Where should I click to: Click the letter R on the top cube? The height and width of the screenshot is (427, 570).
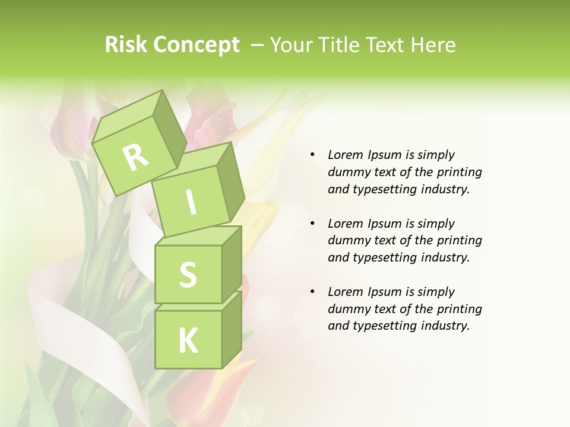[x=135, y=157]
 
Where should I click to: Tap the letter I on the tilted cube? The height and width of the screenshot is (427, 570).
[x=191, y=202]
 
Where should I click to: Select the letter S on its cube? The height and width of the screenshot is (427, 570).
[x=188, y=275]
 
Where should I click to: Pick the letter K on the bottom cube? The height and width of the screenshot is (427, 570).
[x=188, y=340]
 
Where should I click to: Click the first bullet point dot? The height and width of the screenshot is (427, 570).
[x=312, y=155]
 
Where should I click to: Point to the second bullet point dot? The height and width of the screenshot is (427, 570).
[x=312, y=224]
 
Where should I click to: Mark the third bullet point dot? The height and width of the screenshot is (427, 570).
[x=312, y=292]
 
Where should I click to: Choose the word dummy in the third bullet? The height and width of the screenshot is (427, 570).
[x=348, y=309]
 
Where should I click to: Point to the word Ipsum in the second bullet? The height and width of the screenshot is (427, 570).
[x=385, y=224]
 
